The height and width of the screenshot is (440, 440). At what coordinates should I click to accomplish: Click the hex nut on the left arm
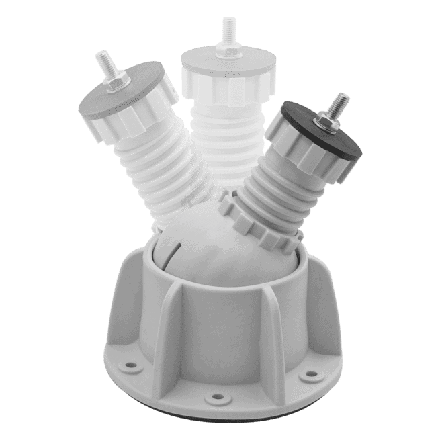point(118,81)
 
